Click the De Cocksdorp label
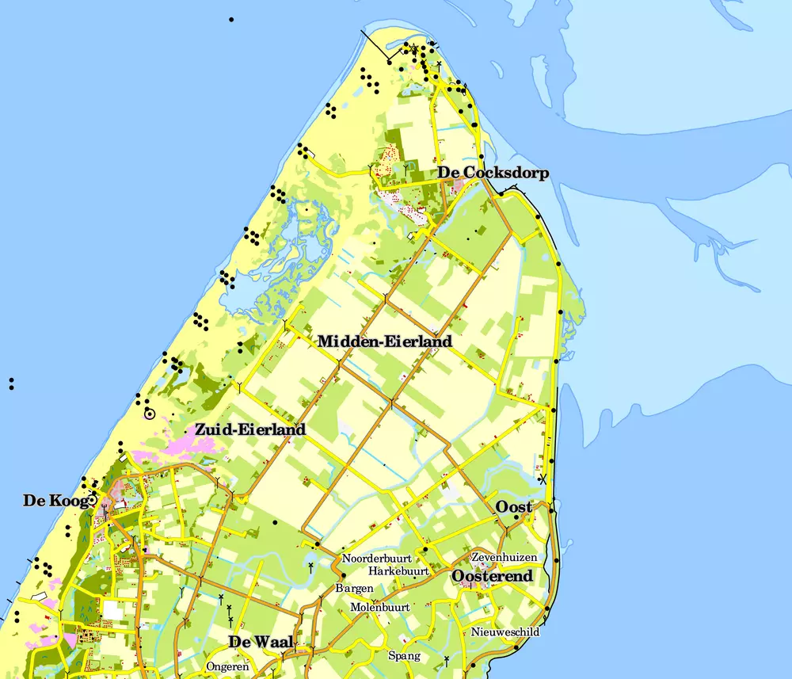point(493,173)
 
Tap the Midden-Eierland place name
point(385,341)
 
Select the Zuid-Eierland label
point(250,429)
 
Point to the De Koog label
point(54,500)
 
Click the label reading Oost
point(513,506)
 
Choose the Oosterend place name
point(492,576)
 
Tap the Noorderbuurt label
point(377,558)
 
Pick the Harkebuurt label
point(398,570)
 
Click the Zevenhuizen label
point(504,557)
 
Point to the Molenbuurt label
point(379,607)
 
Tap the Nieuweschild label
point(505,631)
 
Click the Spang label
point(404,655)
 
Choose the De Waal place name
point(261,641)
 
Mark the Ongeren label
point(227,666)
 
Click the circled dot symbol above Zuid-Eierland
point(149,414)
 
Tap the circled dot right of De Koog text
point(93,500)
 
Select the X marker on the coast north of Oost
point(543,479)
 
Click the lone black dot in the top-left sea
point(231,19)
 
